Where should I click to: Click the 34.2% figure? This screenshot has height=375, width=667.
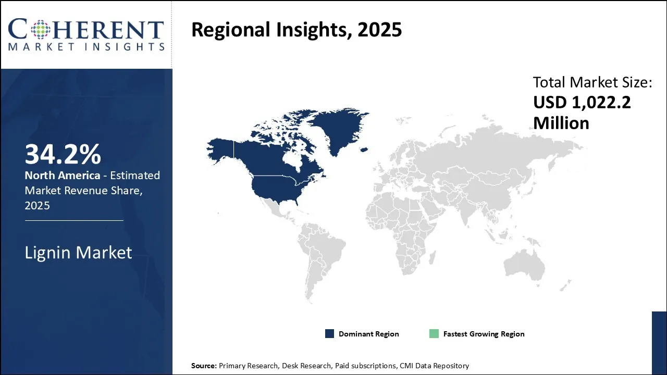tap(63, 154)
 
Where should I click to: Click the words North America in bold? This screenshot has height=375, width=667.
tap(62, 176)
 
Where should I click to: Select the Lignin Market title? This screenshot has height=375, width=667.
tap(78, 253)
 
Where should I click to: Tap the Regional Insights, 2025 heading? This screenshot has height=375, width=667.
tap(297, 30)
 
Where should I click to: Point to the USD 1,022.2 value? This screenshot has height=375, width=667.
tap(582, 102)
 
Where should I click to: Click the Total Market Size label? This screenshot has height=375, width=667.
tap(592, 82)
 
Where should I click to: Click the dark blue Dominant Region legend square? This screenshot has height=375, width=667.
tap(329, 334)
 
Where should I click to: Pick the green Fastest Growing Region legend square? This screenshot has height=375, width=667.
tap(434, 334)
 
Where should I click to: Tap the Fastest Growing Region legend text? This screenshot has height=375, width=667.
tap(484, 334)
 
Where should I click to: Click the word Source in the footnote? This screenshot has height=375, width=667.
tap(204, 366)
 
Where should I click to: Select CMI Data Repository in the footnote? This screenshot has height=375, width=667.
tap(434, 366)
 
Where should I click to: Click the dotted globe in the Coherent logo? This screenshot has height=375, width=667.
tap(41, 30)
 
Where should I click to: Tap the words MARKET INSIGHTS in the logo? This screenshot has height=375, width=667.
tap(87, 47)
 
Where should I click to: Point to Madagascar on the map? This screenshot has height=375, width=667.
tap(433, 257)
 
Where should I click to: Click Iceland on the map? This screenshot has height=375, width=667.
tap(364, 149)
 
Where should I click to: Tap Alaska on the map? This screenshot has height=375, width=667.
tap(220, 149)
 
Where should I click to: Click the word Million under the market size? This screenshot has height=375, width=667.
tap(561, 123)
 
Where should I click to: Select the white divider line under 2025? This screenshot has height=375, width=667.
tap(74, 220)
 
